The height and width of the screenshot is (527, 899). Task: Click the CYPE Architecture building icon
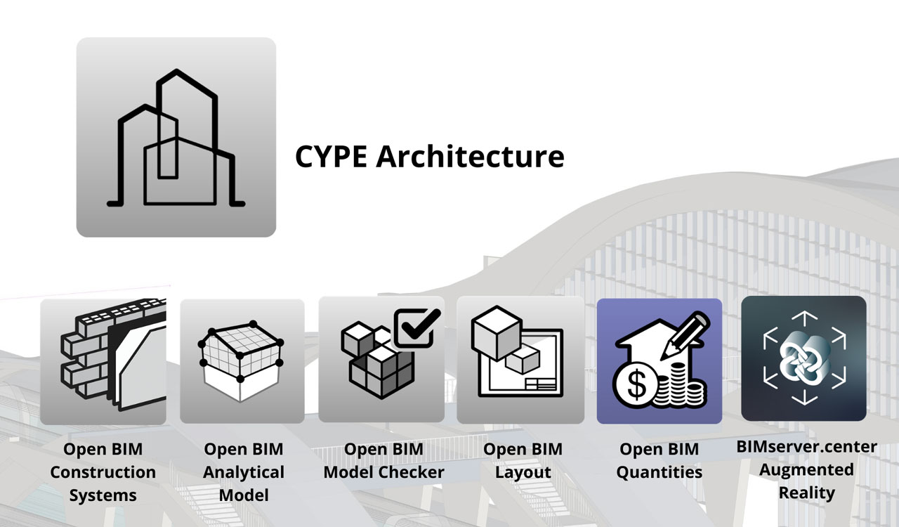176,137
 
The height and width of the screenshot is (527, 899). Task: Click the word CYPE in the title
332,156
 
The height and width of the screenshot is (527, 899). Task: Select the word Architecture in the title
470,156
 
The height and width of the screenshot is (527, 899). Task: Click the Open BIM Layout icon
520,360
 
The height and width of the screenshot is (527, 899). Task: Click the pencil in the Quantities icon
686,337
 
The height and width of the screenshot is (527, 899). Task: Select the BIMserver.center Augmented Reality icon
803,358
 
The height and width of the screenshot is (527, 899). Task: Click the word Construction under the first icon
103,472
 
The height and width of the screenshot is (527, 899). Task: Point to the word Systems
103,495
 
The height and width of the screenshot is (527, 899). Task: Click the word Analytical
244,472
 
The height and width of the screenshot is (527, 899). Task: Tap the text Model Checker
383,472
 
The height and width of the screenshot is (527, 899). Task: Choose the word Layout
523,472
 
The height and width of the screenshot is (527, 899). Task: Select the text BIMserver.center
806,447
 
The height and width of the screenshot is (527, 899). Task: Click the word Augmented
806,469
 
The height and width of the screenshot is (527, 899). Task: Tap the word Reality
806,493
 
